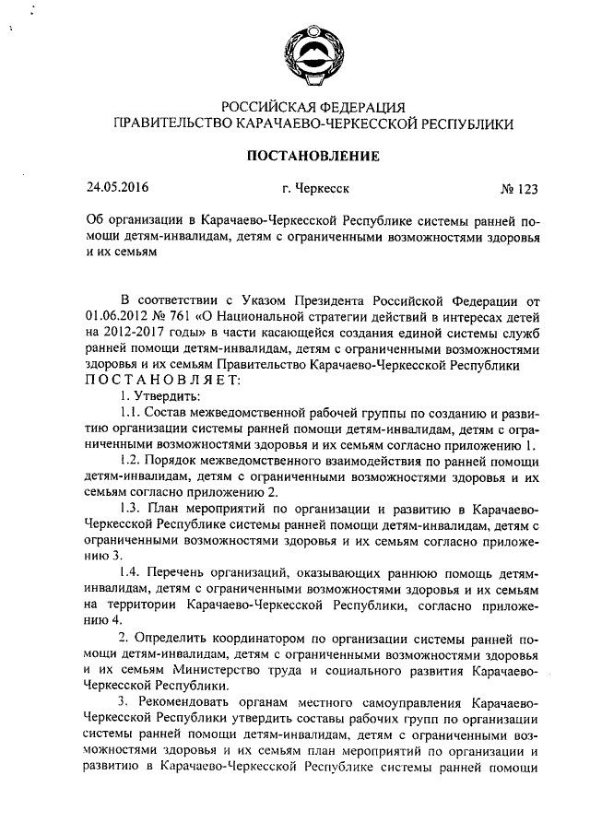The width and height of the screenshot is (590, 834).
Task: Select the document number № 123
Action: [518, 190]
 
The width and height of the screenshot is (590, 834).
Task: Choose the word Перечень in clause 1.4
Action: [182, 573]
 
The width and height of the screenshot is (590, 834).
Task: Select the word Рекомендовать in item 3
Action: [188, 702]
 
